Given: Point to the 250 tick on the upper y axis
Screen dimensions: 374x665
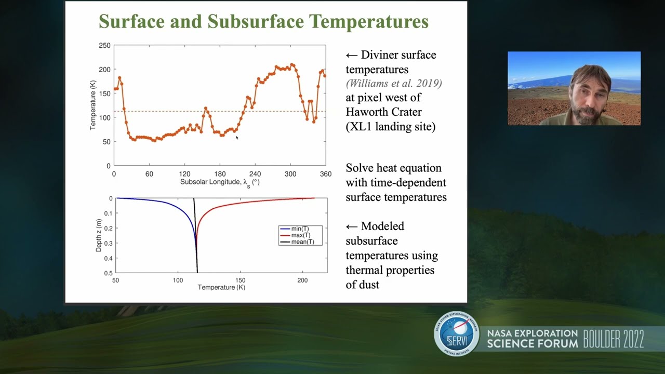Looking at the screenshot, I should click(x=104, y=46).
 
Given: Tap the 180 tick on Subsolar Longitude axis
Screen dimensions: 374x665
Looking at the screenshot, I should click(x=220, y=174).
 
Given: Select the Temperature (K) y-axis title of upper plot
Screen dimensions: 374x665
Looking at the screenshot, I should click(x=93, y=105).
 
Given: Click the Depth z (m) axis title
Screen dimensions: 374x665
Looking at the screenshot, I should click(x=99, y=235).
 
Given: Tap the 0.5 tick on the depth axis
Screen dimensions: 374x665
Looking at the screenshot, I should click(x=108, y=273).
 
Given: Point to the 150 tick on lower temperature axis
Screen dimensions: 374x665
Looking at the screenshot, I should click(x=240, y=280).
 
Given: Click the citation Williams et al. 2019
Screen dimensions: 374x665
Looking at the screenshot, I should click(x=394, y=84).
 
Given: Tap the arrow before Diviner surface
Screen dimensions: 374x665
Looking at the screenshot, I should click(x=352, y=55).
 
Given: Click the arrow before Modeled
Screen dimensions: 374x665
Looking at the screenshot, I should click(x=352, y=226).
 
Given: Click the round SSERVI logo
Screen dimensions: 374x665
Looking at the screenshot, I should click(x=457, y=334).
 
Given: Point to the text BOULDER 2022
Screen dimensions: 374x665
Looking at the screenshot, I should click(x=613, y=339).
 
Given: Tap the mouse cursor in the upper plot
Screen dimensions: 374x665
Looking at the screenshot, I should click(x=237, y=138).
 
